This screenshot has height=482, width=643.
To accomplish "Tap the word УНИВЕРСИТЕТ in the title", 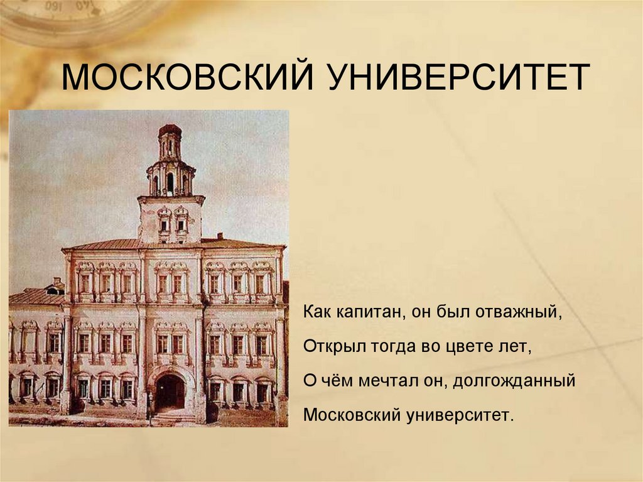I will coord(458,77).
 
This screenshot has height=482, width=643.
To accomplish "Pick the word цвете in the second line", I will coord(468,347).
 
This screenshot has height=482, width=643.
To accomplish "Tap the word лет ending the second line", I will coord(517,347).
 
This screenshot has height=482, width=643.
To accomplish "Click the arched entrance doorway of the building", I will coord(170,392).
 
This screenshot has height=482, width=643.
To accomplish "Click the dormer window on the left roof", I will coord(55,289).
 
